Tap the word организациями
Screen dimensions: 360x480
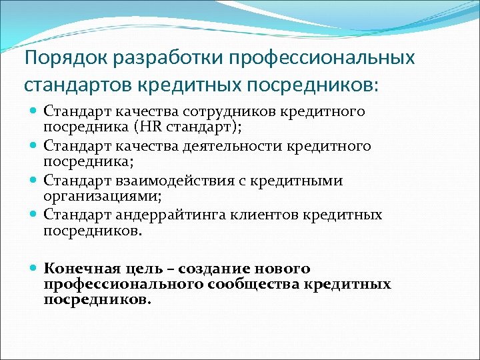(102, 196)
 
